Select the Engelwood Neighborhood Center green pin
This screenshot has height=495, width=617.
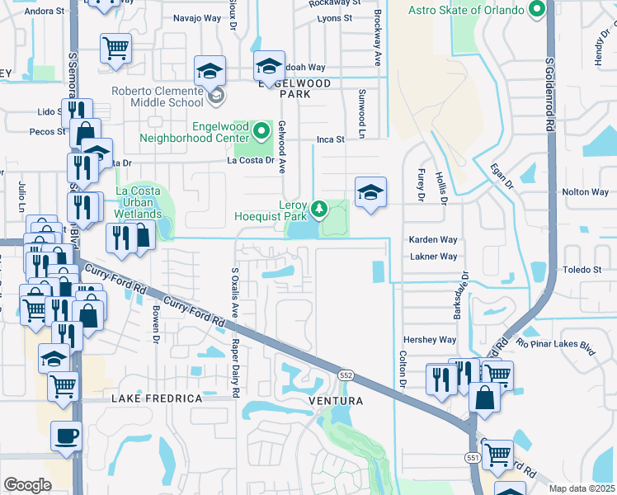[261, 131]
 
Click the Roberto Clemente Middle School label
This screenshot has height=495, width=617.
[167, 96]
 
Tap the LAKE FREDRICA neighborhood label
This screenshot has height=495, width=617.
[157, 398]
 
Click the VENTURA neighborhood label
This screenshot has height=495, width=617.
[336, 401]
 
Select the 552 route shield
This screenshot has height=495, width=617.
[345, 375]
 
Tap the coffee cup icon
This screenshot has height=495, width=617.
[66, 435]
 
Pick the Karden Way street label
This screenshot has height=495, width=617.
[433, 239]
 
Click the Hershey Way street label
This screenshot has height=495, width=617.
[429, 340]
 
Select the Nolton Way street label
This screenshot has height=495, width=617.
[585, 191]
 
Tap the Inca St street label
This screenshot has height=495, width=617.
[330, 140]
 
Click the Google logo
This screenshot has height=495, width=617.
[27, 484]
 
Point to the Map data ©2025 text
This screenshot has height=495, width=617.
[582, 488]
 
